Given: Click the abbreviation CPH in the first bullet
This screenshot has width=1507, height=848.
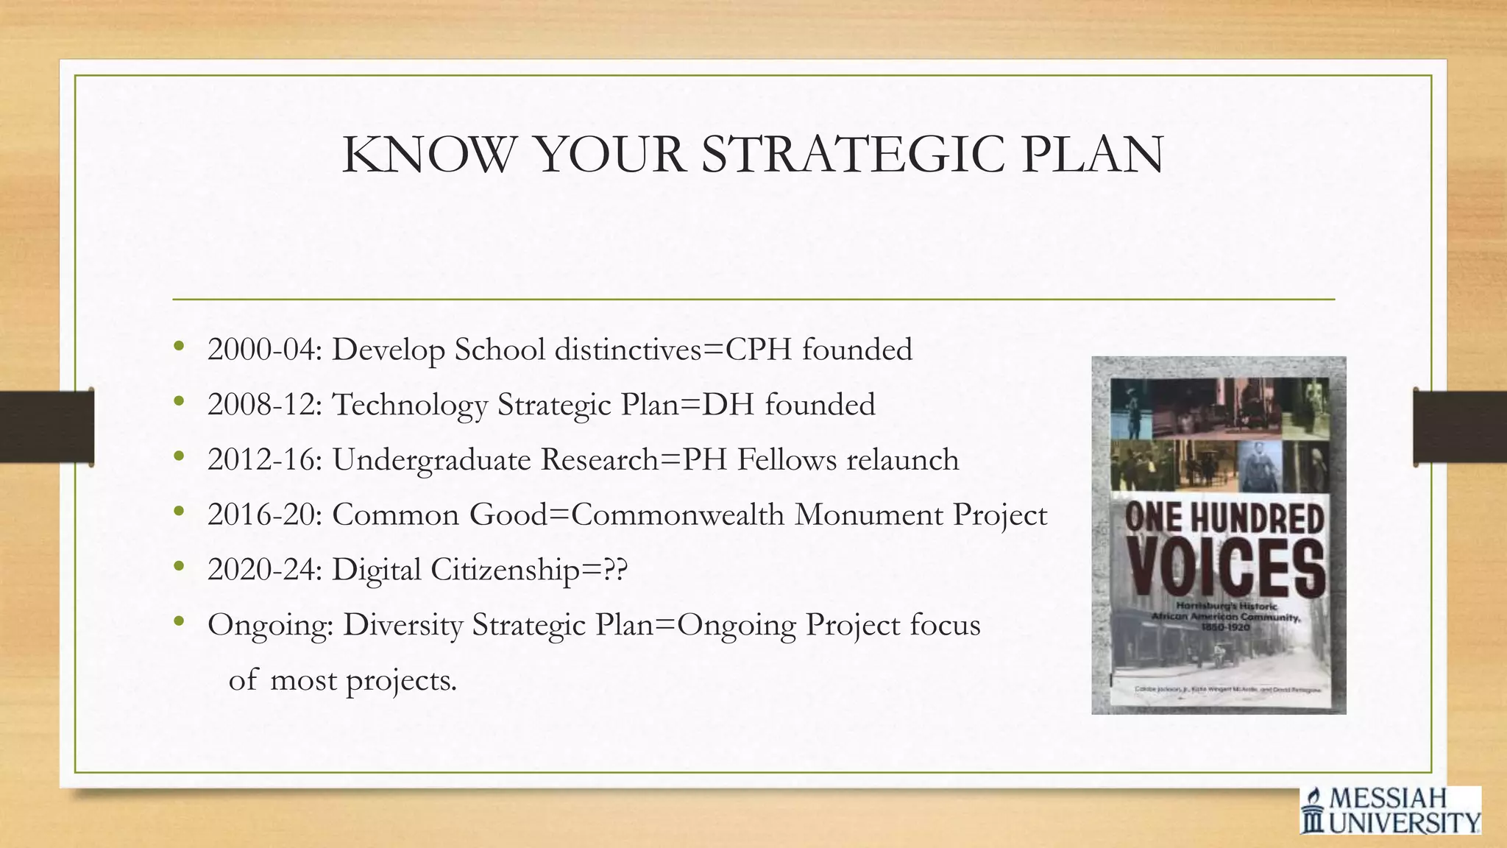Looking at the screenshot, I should tap(759, 350).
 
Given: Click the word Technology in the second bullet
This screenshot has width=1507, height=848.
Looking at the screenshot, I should tap(410, 405).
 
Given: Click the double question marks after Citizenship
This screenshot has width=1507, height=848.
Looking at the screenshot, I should tap(615, 570).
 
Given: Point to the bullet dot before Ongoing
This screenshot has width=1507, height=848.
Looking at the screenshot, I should tap(179, 623).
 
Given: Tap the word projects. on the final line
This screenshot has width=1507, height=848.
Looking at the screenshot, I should tap(401, 681).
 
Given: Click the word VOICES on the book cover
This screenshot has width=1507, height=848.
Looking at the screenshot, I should tap(1225, 570).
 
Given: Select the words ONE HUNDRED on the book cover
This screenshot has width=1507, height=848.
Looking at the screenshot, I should tap(1225, 519).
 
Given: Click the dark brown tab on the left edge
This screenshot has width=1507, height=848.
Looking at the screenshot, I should tap(46, 427).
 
